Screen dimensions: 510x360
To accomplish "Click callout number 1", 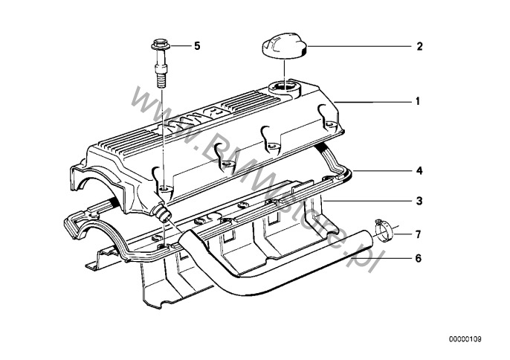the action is [x=418, y=102].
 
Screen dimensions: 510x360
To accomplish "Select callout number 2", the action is [x=419, y=46].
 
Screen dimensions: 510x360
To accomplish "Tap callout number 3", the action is [x=419, y=201].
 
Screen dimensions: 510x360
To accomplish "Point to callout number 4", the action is [x=419, y=170].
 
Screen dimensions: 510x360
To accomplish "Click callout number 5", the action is [x=197, y=46].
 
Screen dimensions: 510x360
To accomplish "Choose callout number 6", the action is [x=419, y=258].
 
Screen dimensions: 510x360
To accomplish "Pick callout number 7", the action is [x=419, y=234].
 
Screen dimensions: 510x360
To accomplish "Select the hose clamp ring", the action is [x=384, y=231].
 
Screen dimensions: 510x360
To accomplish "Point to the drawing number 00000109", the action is [x=465, y=339].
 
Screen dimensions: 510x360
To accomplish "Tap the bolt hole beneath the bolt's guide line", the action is [x=165, y=189].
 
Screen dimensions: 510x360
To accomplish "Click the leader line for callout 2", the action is [x=359, y=47].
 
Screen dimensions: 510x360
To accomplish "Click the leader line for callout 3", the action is [x=367, y=202].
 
